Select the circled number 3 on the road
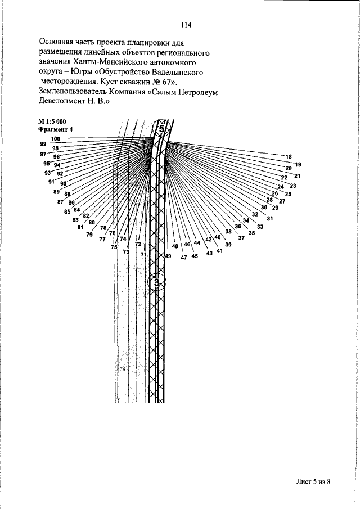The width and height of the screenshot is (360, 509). click(x=157, y=282)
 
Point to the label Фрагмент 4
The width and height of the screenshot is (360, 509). click(x=56, y=129)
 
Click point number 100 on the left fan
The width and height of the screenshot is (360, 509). click(x=56, y=139)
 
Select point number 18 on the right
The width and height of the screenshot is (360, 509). click(x=289, y=157)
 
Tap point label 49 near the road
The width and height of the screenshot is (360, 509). click(x=168, y=256)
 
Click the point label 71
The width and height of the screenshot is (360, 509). click(x=143, y=254)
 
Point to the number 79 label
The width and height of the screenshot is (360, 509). click(x=89, y=235)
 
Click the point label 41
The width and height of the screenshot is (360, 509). click(x=219, y=251)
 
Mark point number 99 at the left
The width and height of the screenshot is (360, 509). click(x=43, y=144)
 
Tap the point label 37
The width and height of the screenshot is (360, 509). click(x=241, y=238)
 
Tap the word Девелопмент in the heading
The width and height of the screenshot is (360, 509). click(x=65, y=103)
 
